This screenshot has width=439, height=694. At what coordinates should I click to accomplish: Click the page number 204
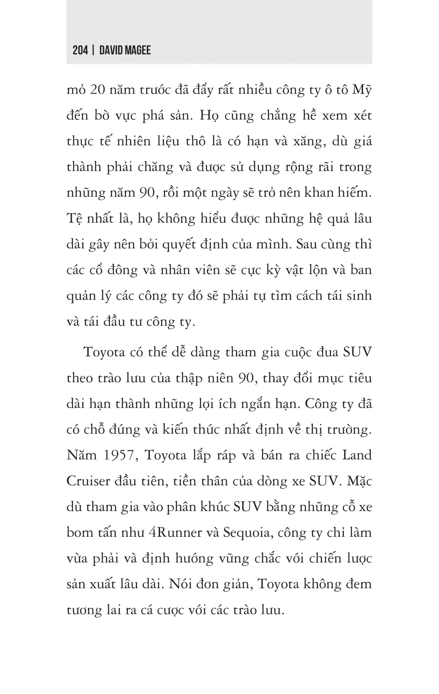pyautogui.click(x=80, y=51)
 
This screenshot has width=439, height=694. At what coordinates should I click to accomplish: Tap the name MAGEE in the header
pyautogui.click(x=137, y=51)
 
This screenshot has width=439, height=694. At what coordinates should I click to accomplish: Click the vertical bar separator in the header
pyautogui.click(x=93, y=51)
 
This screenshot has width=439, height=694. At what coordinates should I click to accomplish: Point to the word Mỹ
pyautogui.click(x=362, y=90)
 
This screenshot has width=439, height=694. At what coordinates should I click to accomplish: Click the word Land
pyautogui.click(x=357, y=455)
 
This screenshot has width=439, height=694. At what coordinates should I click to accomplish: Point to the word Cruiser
pyautogui.click(x=88, y=481)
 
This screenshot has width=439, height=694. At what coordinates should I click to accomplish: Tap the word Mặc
pyautogui.click(x=359, y=481)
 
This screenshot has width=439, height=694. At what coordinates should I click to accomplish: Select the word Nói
pyautogui.click(x=181, y=584)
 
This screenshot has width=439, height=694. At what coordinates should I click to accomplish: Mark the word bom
pyautogui.click(x=80, y=533)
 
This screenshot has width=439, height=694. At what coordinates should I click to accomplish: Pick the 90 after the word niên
pyautogui.click(x=246, y=378)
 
